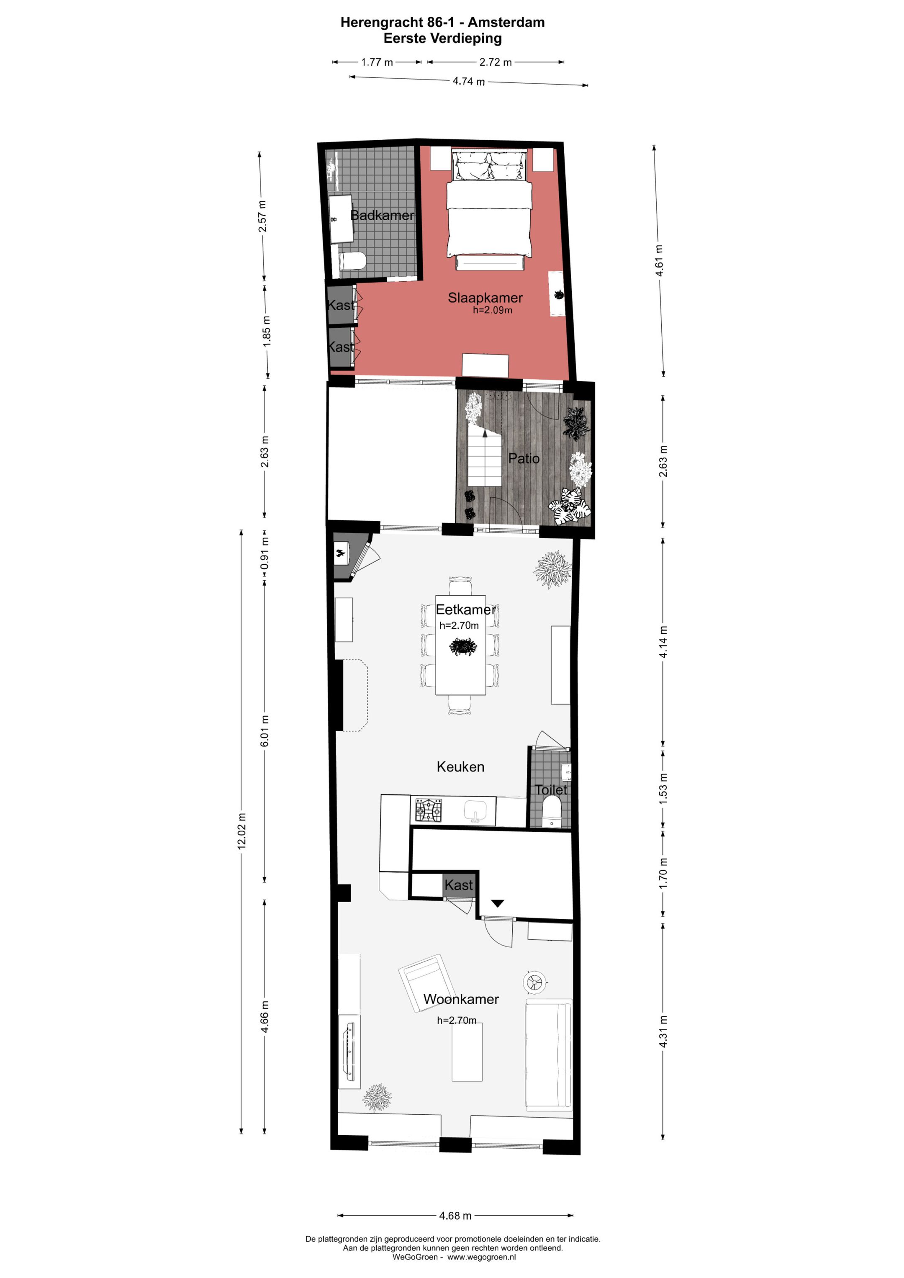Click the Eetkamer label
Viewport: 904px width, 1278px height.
pos(465,609)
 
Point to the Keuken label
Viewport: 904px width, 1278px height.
pos(460,766)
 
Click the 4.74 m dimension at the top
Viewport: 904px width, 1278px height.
pos(468,81)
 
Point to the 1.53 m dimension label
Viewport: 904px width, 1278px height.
pos(663,788)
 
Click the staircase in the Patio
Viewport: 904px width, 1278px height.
pos(484,456)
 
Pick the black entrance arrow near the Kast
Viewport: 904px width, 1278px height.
pos(497,903)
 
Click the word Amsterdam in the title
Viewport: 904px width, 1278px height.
pos(506,22)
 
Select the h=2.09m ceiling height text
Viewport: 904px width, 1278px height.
pos(492,310)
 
